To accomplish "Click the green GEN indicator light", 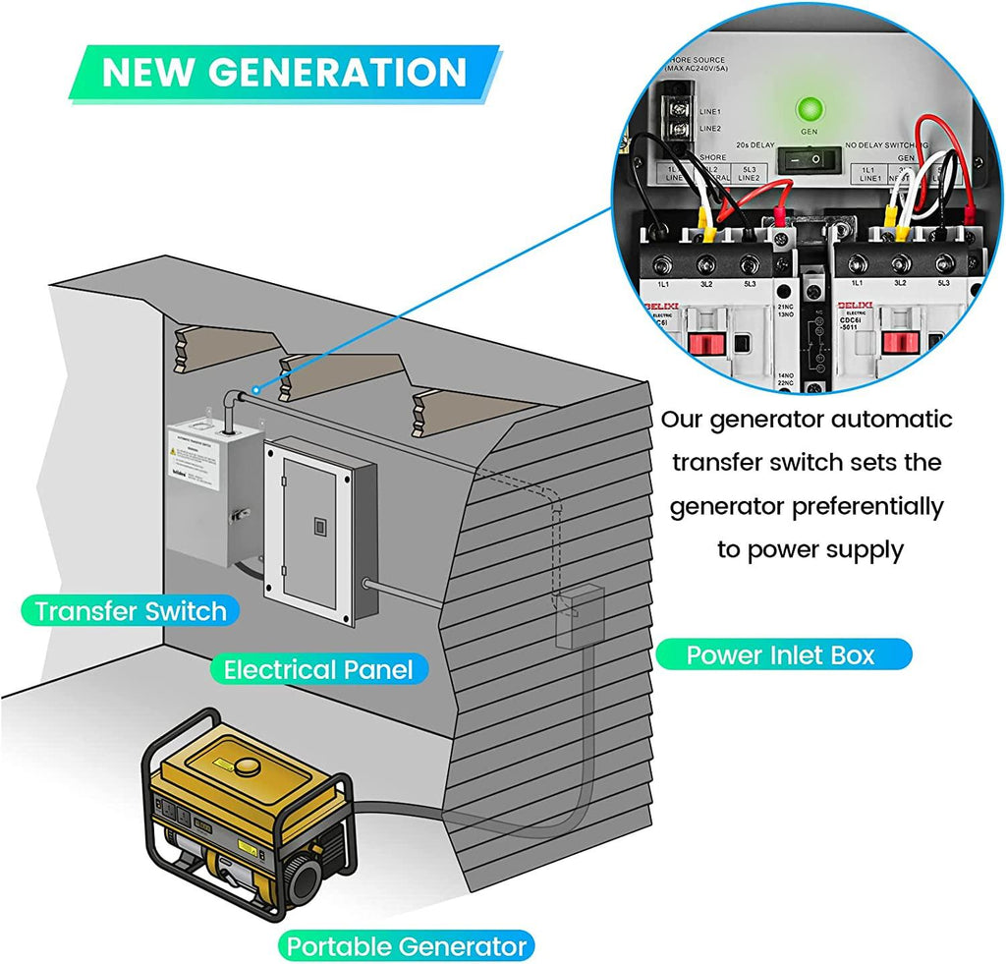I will click(810, 109).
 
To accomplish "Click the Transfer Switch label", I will click(131, 610).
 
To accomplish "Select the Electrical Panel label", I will click(318, 670).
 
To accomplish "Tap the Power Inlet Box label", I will click(781, 654).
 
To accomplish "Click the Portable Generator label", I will click(406, 946).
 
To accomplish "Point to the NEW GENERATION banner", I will click(284, 72).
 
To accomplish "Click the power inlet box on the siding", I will click(580, 616).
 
